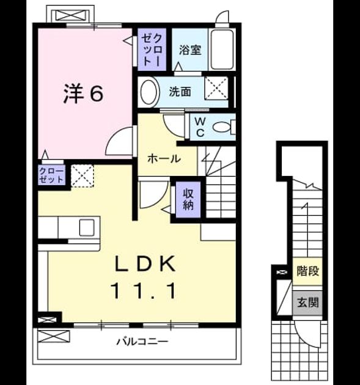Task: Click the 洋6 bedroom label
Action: click(x=84, y=94)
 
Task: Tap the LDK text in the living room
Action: click(x=145, y=264)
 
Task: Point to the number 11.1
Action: click(x=144, y=291)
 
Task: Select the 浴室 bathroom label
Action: click(x=190, y=50)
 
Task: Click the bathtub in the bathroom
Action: click(x=222, y=50)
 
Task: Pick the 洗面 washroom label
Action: click(x=180, y=92)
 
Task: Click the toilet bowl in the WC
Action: click(x=222, y=128)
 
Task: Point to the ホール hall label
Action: click(x=164, y=159)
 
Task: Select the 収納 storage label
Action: click(x=188, y=199)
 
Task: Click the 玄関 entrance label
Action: click(x=307, y=302)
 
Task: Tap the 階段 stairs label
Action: click(x=307, y=271)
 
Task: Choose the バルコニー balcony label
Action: click(x=142, y=341)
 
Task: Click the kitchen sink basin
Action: click(x=87, y=227)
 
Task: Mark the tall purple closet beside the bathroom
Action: click(x=152, y=50)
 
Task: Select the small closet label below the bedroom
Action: click(x=51, y=175)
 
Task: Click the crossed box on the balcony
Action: click(x=54, y=336)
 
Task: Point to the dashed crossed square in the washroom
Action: click(x=216, y=88)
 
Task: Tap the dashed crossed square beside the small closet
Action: click(x=83, y=176)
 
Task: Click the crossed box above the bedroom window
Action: click(x=72, y=15)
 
